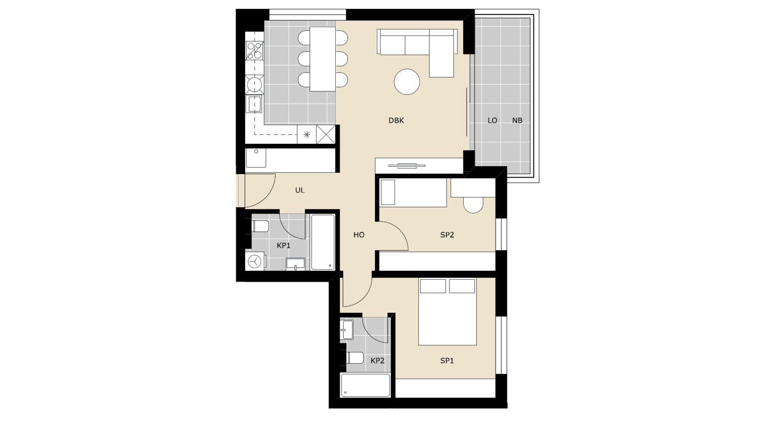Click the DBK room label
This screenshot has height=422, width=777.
click(x=396, y=120)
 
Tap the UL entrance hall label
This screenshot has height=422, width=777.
click(x=300, y=190)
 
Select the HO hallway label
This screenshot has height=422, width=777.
click(x=359, y=235)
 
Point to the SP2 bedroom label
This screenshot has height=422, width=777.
click(x=447, y=235)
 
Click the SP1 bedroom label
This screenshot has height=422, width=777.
click(x=447, y=361)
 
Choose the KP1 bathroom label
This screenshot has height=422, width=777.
click(x=283, y=246)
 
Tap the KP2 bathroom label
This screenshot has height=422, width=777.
click(x=378, y=361)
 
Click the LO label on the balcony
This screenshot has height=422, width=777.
click(x=493, y=120)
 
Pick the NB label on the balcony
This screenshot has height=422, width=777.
click(x=517, y=120)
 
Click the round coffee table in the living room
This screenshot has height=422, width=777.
click(x=407, y=82)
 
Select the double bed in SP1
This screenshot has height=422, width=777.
click(x=447, y=312)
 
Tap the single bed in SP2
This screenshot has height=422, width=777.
click(x=413, y=193)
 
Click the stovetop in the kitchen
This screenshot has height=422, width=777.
click(x=254, y=51)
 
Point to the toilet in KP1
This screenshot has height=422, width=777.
click(x=260, y=226)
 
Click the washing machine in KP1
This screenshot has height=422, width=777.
click(x=256, y=261)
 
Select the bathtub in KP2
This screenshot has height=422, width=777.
click(x=365, y=385)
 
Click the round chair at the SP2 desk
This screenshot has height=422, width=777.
click(x=473, y=205)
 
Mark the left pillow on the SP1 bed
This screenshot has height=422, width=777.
click(x=433, y=286)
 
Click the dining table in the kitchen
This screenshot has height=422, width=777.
click(x=323, y=59)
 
